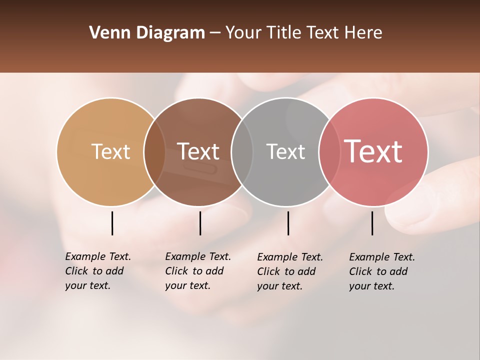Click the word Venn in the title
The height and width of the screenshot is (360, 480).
point(106,33)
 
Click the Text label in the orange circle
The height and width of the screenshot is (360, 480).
point(110,151)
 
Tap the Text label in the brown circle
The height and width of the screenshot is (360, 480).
point(198,151)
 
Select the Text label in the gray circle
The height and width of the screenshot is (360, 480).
point(285,151)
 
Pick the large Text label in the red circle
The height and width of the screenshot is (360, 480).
point(373,151)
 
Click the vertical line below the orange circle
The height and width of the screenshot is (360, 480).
point(112,223)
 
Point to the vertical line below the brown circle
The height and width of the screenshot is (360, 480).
point(200,223)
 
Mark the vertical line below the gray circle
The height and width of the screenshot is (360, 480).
point(288,223)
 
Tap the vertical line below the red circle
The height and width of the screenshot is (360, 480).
point(372,223)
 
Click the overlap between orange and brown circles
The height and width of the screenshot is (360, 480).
point(154,151)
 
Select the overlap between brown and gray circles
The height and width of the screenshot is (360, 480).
point(242,151)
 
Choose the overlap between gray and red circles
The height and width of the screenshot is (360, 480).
point(329,151)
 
